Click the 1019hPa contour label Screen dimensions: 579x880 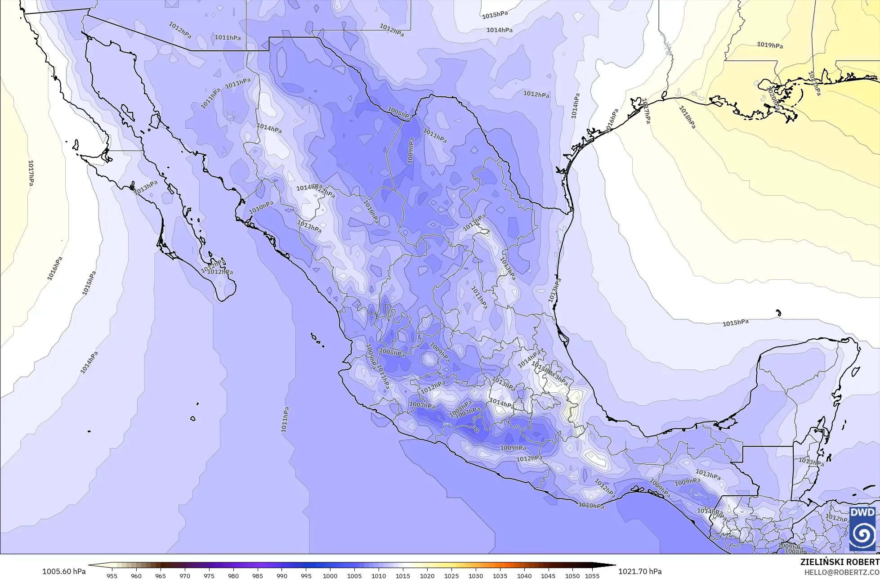(x=770, y=45)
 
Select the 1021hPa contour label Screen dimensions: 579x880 (x=814, y=83)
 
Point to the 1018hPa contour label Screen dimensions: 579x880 (x=687, y=117)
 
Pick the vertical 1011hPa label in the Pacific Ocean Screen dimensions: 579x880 (x=285, y=419)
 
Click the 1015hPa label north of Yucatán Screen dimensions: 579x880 (x=736, y=323)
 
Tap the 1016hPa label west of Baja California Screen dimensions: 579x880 (x=55, y=269)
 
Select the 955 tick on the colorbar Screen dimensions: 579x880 (x=112, y=575)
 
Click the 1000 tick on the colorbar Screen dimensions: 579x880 (x=330, y=575)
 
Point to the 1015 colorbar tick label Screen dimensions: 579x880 (x=403, y=575)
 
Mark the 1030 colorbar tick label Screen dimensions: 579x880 (x=476, y=575)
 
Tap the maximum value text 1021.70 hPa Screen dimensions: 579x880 (x=640, y=571)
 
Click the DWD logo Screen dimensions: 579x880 (x=862, y=529)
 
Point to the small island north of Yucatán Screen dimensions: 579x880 (x=778, y=313)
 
